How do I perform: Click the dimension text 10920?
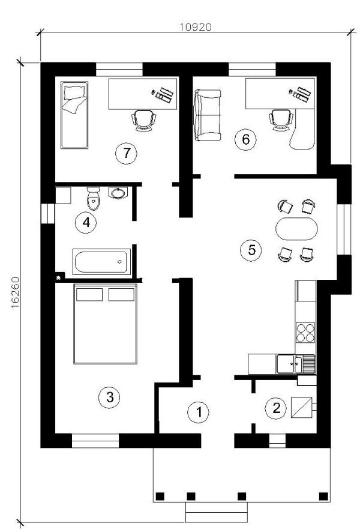click(195, 27)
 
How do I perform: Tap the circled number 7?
click(127, 153)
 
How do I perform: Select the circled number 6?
click(246, 139)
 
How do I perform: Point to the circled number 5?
click(251, 250)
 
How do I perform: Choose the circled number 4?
click(86, 223)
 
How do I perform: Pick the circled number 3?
click(109, 397)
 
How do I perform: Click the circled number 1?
click(199, 413)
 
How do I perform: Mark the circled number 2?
click(277, 408)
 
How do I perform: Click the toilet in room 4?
click(93, 199)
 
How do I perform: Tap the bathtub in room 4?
click(101, 262)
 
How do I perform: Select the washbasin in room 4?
click(118, 192)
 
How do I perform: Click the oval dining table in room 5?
click(296, 229)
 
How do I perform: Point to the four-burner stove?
click(305, 333)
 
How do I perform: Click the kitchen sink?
click(296, 364)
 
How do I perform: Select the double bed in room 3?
click(106, 324)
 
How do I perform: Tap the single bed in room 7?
click(74, 115)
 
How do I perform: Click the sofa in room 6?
click(207, 115)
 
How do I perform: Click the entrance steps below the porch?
click(216, 512)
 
